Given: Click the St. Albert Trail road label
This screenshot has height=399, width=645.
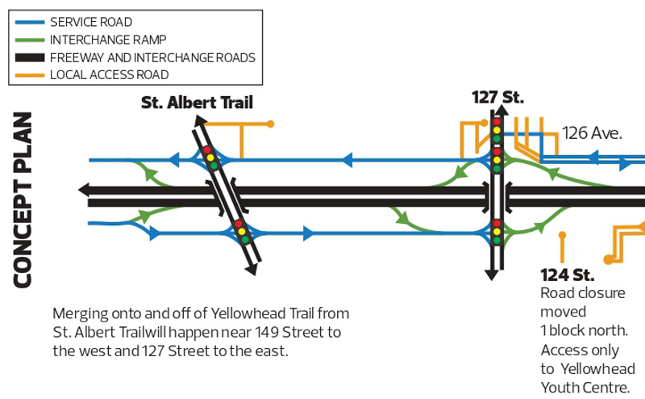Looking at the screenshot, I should [197, 103].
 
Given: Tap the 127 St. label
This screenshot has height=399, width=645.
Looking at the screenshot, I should [497, 98].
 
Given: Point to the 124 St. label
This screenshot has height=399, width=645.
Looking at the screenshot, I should [561, 273].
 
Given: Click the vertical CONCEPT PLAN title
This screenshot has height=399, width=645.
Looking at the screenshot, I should [22, 199].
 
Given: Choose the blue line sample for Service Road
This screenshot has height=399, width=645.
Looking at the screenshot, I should [28, 22].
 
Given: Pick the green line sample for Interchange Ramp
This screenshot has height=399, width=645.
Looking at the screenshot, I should [28, 40].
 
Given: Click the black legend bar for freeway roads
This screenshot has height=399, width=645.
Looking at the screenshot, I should [28, 57].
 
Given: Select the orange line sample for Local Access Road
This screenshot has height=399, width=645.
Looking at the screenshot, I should [28, 75].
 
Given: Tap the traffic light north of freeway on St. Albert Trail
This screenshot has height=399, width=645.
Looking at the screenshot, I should [210, 157].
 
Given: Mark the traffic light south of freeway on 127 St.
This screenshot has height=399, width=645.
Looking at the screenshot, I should [497, 229].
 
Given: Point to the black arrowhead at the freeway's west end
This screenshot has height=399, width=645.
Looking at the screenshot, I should [83, 190].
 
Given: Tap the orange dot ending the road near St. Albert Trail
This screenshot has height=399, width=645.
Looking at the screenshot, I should [270, 124].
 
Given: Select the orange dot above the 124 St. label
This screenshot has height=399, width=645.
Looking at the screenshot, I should [562, 236].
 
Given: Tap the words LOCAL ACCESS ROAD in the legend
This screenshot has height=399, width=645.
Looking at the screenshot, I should [109, 75].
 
